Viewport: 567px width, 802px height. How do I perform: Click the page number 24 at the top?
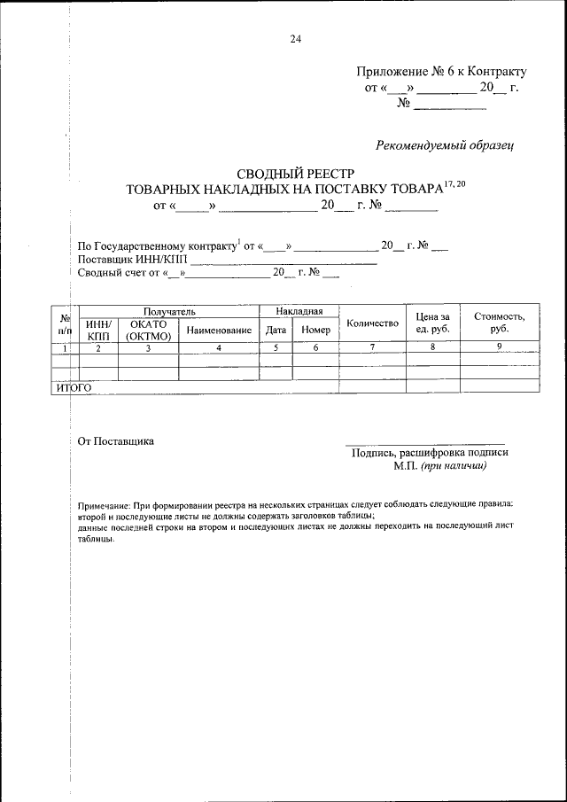pyautogui.click(x=296, y=38)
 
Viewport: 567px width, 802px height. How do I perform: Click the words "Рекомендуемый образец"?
pyautogui.click(x=445, y=144)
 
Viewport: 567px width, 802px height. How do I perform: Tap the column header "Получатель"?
pyautogui.click(x=169, y=312)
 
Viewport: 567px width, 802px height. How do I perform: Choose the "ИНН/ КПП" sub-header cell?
pyautogui.click(x=98, y=330)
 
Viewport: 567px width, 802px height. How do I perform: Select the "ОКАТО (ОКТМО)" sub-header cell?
pyautogui.click(x=148, y=330)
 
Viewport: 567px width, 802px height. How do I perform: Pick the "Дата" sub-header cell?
pyautogui.click(x=276, y=330)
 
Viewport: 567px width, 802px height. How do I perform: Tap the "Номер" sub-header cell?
pyautogui.click(x=315, y=330)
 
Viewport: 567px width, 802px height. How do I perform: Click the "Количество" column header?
pyautogui.click(x=372, y=323)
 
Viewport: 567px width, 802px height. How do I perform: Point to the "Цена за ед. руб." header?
pyautogui.click(x=433, y=323)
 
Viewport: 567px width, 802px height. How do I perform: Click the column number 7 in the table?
pyautogui.click(x=372, y=347)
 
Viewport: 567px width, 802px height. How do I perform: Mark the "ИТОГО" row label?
pyautogui.click(x=74, y=388)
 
